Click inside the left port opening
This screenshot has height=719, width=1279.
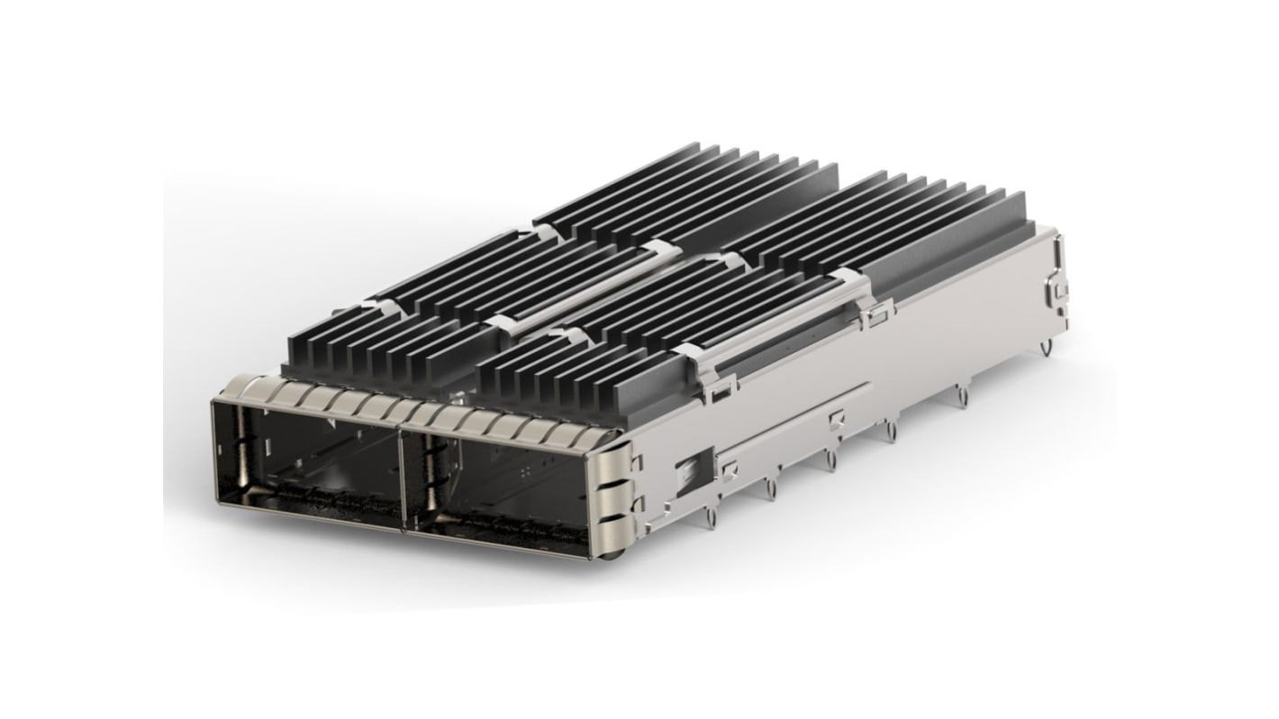click(306, 469)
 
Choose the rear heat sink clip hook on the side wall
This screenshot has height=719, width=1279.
click(878, 315)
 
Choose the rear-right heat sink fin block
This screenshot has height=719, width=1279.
click(901, 225)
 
